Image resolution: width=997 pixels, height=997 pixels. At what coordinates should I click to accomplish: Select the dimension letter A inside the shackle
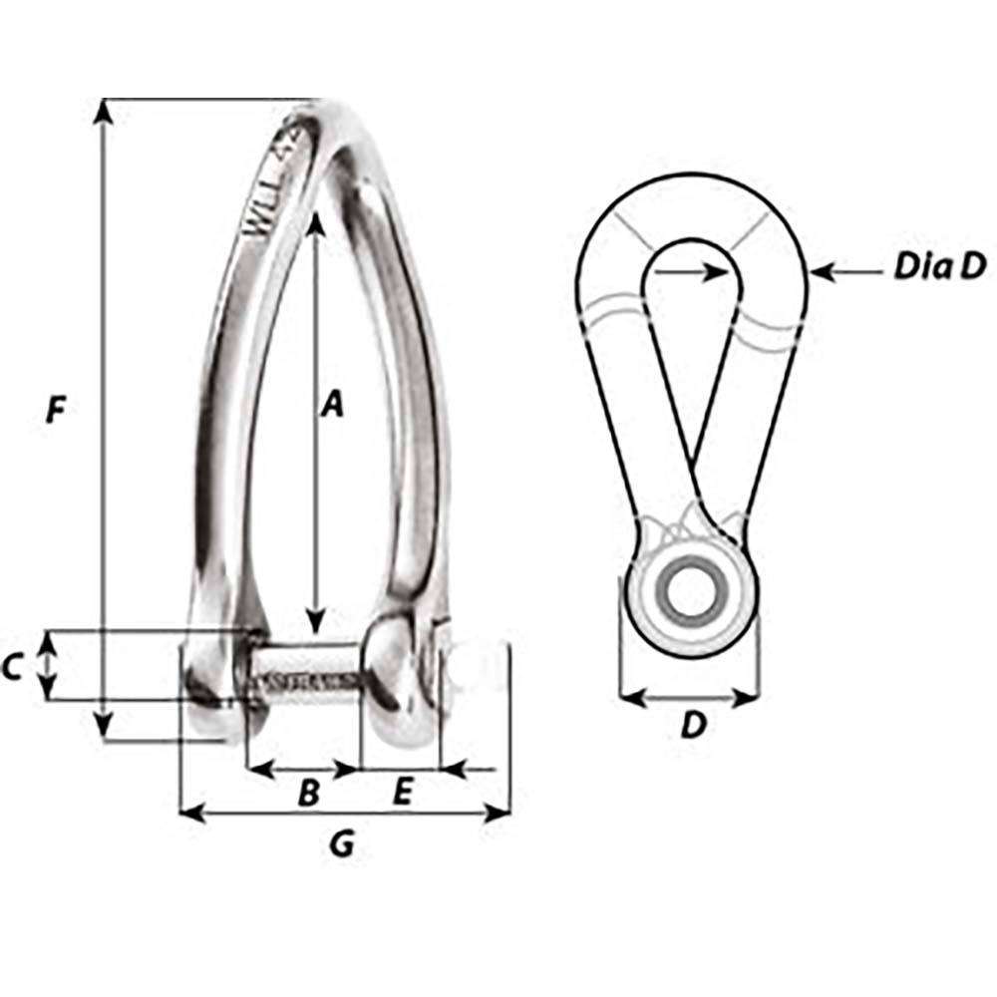tap(332, 405)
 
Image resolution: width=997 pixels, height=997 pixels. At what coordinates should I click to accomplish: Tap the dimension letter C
tap(13, 667)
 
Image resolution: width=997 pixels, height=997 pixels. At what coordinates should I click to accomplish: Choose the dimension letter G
tap(342, 845)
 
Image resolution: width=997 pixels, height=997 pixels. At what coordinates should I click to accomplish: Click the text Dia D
tap(938, 267)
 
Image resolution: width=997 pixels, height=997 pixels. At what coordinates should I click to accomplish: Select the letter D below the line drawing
tap(692, 726)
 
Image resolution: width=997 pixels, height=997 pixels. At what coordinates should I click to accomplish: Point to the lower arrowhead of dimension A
tap(315, 624)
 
